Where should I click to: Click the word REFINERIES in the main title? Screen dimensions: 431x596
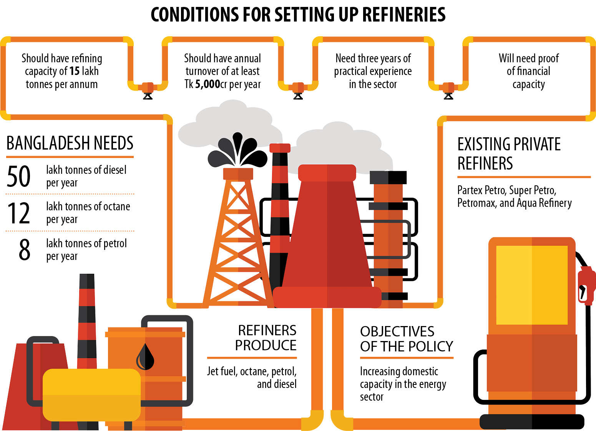pyautogui.click(x=403, y=15)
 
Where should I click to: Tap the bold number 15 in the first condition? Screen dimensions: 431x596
pyautogui.click(x=75, y=71)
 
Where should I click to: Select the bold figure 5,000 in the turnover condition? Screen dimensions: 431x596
pyautogui.click(x=208, y=84)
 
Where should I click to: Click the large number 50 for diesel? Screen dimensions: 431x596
pyautogui.click(x=18, y=176)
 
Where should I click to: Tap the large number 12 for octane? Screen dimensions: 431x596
pyautogui.click(x=18, y=213)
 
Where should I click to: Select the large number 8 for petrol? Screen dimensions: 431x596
pyautogui.click(x=24, y=250)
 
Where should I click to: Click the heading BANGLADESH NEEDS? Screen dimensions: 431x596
pyautogui.click(x=70, y=143)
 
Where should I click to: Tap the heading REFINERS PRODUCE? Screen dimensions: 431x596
pyautogui.click(x=266, y=338)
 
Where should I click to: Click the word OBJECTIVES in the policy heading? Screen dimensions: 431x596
pyautogui.click(x=397, y=331)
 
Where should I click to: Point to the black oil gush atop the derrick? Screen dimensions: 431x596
pyautogui.click(x=237, y=151)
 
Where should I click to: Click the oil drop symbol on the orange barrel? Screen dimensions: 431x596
pyautogui.click(x=145, y=356)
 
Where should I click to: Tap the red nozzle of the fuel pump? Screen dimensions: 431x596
pyautogui.click(x=586, y=283)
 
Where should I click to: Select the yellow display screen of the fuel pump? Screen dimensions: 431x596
pyautogui.click(x=532, y=285)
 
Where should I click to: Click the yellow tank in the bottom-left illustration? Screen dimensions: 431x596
pyautogui.click(x=91, y=394)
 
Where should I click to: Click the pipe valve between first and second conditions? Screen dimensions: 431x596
pyautogui.click(x=148, y=89)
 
